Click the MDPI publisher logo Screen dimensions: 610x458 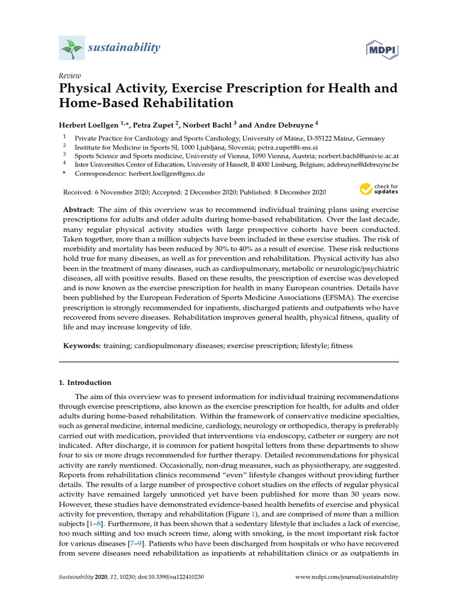(382, 48)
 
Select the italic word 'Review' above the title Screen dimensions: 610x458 (69, 76)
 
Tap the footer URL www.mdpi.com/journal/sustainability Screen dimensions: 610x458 (347, 577)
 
